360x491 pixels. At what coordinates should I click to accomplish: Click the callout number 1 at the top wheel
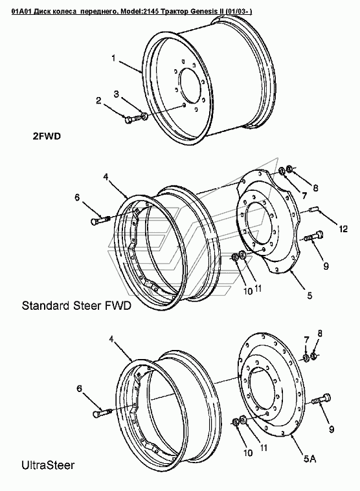114,58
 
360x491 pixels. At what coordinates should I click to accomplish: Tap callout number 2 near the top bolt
98,100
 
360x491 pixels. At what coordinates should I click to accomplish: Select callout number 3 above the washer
117,94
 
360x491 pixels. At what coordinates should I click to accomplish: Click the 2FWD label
47,136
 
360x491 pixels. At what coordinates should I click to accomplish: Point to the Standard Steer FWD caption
76,305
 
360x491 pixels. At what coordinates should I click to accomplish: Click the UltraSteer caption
48,465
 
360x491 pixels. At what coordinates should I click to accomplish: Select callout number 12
343,229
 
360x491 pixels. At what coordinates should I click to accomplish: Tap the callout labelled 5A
309,459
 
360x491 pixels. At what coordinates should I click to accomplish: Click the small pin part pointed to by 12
313,208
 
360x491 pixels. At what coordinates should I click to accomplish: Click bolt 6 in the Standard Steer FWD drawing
100,220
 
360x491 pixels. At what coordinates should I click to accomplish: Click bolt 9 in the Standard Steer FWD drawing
314,236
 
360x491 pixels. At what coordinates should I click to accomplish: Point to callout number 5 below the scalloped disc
309,295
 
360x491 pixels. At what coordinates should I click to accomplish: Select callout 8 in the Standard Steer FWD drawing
315,188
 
